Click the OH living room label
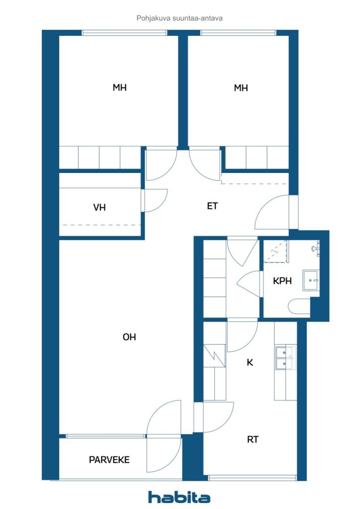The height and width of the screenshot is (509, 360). (129, 337)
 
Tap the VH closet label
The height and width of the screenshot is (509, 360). (99, 207)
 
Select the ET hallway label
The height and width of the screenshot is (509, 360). (212, 206)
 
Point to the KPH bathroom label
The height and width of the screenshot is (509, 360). (282, 281)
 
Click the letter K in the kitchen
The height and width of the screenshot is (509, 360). (250, 362)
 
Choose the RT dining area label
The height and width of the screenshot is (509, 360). (253, 439)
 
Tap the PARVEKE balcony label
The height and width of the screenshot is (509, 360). (109, 460)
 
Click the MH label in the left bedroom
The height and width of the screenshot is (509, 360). (119, 87)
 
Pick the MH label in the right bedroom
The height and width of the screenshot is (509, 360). (241, 87)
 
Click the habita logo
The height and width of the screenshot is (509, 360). (179, 497)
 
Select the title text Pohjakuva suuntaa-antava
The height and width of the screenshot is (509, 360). (180, 18)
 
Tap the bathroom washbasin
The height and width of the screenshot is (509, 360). (311, 280)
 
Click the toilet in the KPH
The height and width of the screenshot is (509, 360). (299, 306)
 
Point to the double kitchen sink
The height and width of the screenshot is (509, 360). (285, 358)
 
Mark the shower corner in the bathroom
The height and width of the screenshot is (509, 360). (275, 251)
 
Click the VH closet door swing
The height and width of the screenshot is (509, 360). (155, 200)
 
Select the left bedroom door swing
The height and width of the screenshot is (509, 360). (161, 164)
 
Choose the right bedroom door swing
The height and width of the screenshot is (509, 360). (204, 164)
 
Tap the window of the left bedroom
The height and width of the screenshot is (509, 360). (124, 32)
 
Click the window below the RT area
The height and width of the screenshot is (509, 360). (252, 478)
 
